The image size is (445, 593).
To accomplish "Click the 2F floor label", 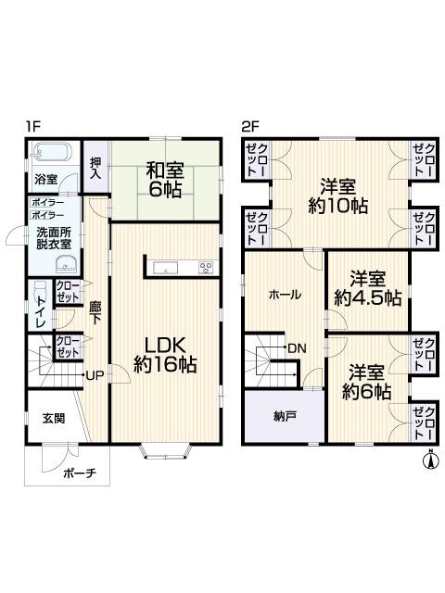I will coord(250,128).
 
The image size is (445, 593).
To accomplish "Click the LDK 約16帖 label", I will coord(165,352).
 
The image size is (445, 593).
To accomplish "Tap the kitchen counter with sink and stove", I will coord(181,268).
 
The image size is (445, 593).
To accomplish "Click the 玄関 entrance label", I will coord(53,418).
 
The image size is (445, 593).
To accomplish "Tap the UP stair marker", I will coord(94,375).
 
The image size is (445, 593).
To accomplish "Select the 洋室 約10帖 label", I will coord(338,195).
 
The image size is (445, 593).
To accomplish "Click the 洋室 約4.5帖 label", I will coord(367,288).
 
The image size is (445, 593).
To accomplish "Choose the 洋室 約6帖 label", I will coord(367,382).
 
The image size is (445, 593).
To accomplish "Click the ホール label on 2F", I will coord(284,294).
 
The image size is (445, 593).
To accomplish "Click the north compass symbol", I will coord(430,459).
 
